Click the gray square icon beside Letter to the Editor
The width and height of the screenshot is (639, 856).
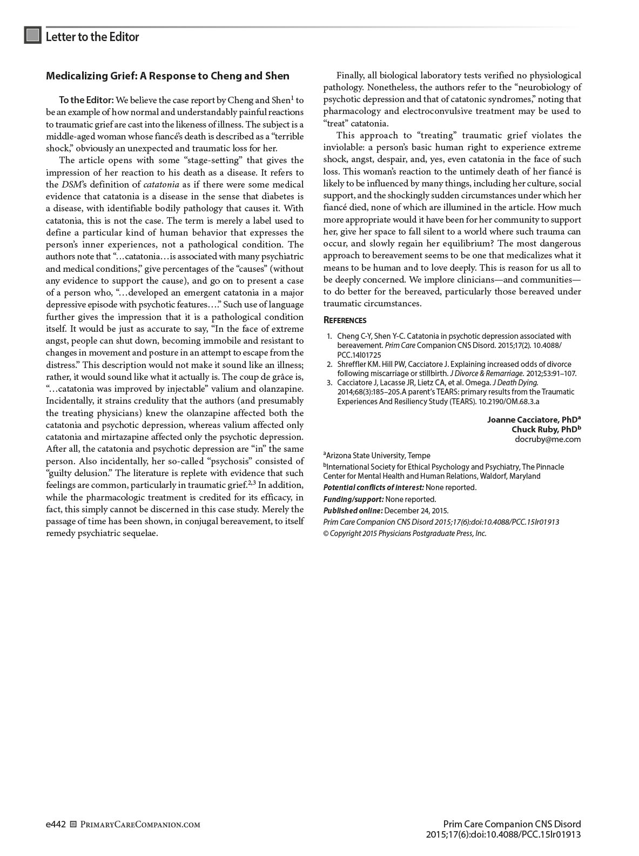point(33,36)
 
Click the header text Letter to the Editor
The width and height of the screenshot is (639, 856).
point(92,37)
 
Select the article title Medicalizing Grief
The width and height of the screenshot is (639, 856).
point(167,76)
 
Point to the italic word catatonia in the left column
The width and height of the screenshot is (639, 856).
point(161,184)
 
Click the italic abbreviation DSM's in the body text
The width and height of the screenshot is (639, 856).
point(71,184)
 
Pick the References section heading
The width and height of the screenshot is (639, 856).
point(345,320)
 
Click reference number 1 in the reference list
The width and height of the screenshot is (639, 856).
point(329,336)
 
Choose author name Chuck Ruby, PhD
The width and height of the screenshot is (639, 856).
point(546,430)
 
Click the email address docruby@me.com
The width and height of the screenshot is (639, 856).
point(548,439)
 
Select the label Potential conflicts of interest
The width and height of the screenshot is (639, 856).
point(373,487)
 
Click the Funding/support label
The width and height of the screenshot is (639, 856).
point(353,499)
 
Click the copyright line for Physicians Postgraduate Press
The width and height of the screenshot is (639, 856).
point(405,533)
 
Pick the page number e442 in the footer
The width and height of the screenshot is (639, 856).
point(56,824)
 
